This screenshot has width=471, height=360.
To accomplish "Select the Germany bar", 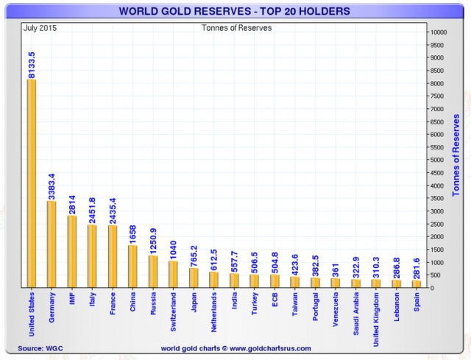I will (52, 244).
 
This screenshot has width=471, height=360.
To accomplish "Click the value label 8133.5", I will (32, 60).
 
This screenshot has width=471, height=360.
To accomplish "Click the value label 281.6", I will (417, 265).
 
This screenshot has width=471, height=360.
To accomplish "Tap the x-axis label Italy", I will (91, 302).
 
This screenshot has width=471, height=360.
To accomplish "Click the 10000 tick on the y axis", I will (439, 32).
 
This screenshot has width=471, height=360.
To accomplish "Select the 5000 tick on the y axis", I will (437, 160).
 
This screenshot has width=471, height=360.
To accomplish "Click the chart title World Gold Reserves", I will (235, 11).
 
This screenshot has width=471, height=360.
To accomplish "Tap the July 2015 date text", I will (42, 29).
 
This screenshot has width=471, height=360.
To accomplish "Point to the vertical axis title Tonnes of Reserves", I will (456, 155).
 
